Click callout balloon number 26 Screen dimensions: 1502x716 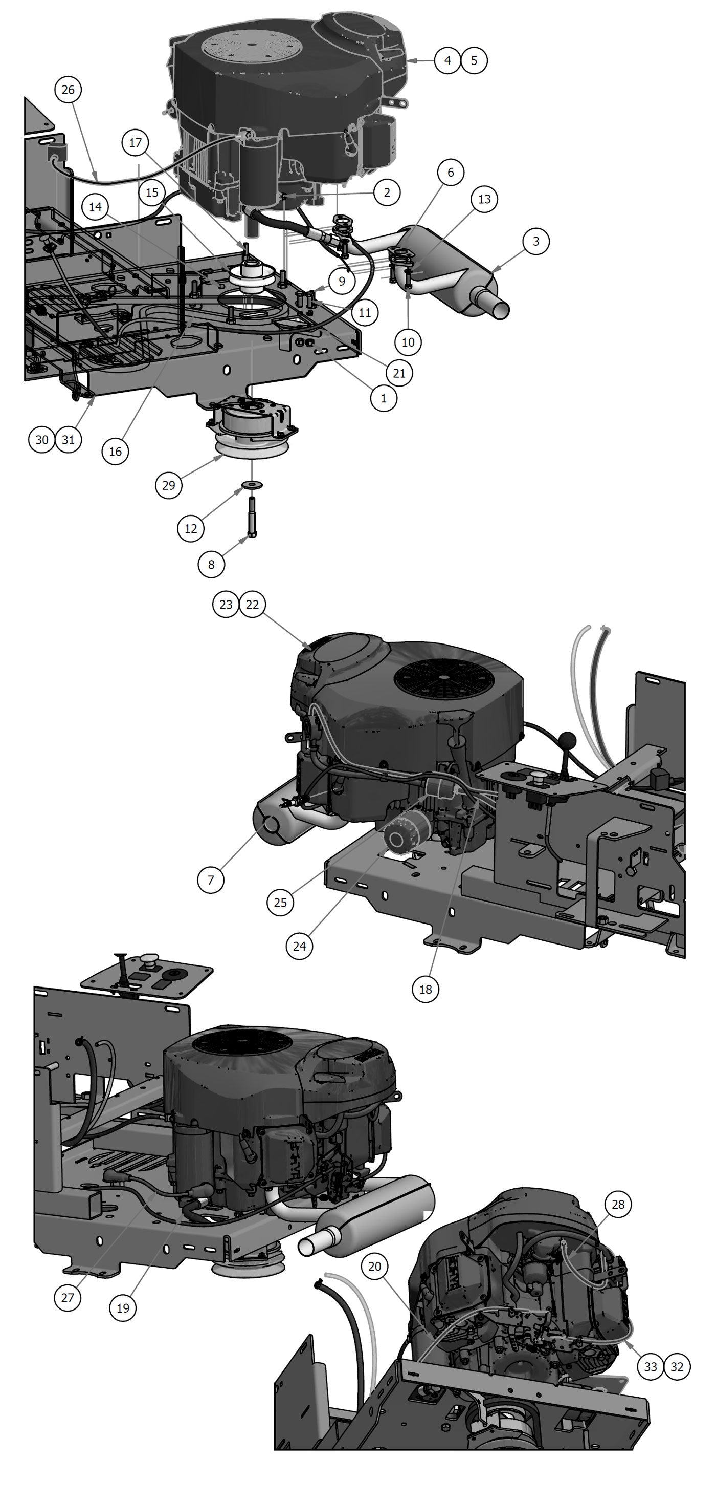68,90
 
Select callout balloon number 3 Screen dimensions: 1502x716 535,241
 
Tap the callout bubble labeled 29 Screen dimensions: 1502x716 168,485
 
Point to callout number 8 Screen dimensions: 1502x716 211,565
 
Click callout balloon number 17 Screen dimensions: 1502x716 135,143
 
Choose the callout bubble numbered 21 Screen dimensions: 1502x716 399,373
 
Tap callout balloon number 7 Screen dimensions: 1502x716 211,879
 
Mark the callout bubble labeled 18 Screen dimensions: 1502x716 426,989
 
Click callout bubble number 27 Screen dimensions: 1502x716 68,1297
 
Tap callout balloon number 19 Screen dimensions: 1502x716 122,1308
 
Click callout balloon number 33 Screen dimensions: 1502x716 650,1366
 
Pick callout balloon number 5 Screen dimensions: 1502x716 474,60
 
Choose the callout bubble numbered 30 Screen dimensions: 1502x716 42,440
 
